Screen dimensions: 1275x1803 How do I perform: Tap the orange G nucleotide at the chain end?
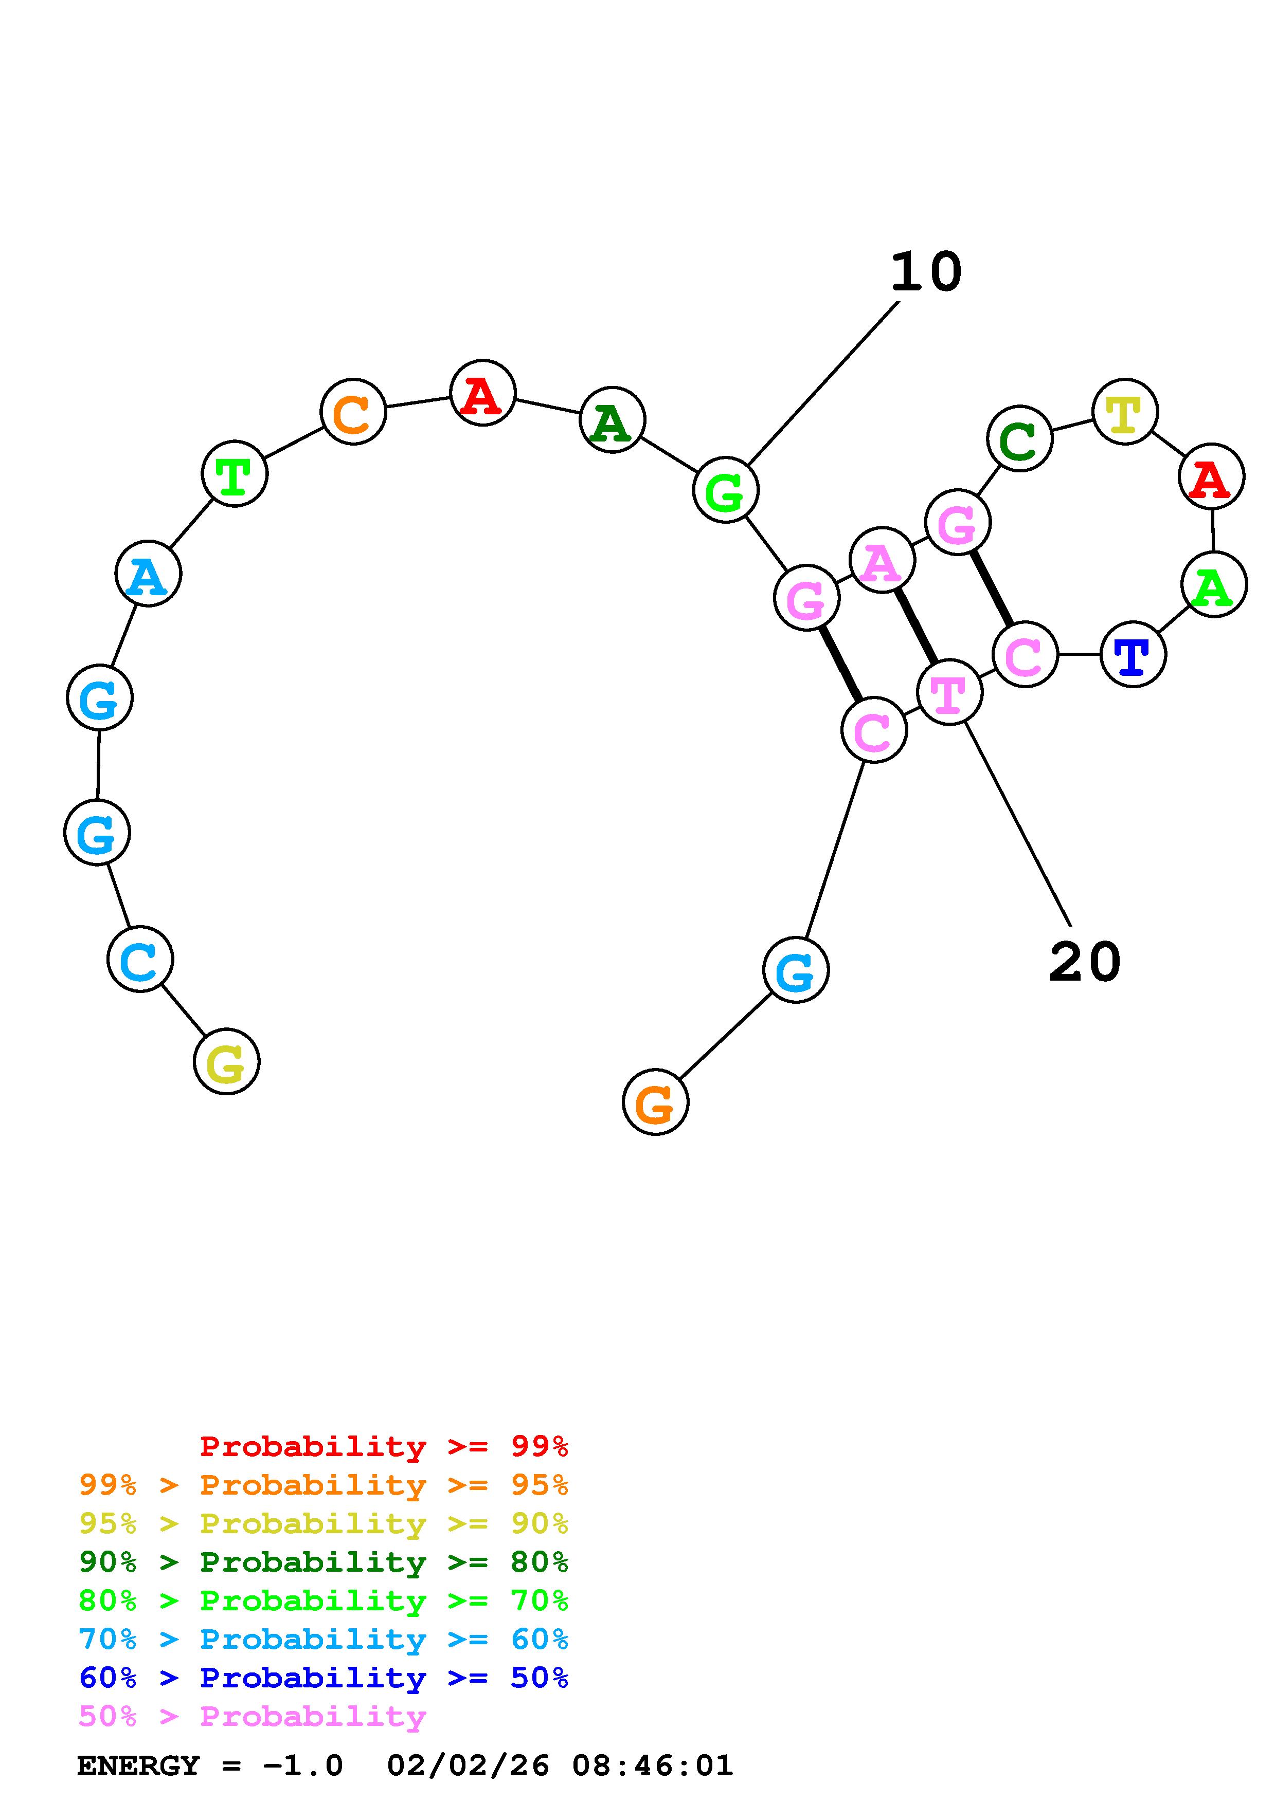pos(655,1102)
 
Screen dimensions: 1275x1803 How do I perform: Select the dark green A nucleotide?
pos(612,419)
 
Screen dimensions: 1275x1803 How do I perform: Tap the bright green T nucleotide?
pos(234,473)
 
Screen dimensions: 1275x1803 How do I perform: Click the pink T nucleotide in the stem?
pos(949,691)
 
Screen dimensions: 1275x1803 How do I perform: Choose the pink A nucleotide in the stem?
pos(882,559)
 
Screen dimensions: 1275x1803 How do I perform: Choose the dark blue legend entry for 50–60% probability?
pos(323,1678)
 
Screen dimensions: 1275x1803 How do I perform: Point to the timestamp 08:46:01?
pos(652,1766)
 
